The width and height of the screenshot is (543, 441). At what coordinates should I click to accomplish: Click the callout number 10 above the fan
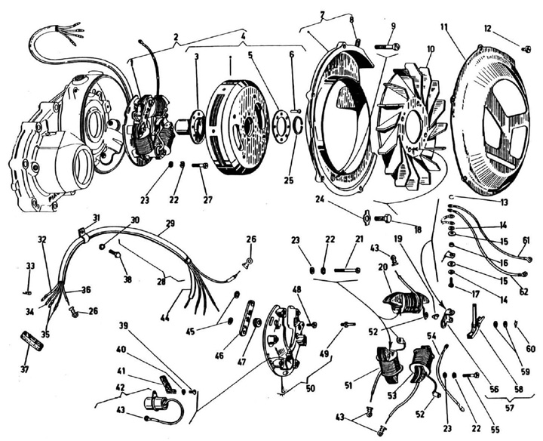point(430,50)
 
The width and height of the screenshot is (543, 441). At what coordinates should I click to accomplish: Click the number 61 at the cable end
point(525,241)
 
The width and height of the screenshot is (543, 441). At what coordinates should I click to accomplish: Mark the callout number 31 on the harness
point(96,218)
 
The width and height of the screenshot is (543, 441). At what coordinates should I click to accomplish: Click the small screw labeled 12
point(526,50)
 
